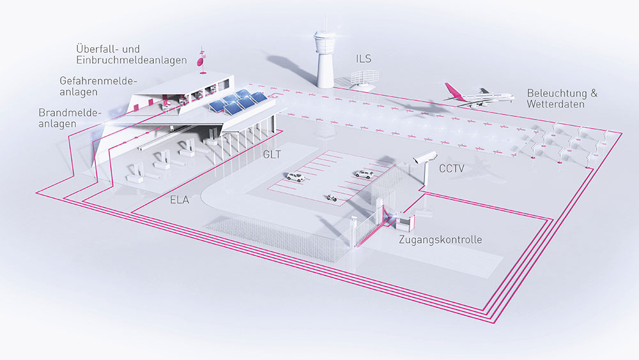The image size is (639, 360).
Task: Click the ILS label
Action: pyautogui.click(x=364, y=59)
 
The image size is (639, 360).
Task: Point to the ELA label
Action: pyautogui.click(x=180, y=200)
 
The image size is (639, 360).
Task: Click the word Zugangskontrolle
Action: pyautogui.click(x=440, y=240)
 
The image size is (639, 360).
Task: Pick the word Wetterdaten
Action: pyautogui.click(x=555, y=104)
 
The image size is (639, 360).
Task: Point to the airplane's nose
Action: pyautogui.click(x=512, y=97)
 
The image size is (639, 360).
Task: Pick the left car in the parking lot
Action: pyautogui.click(x=295, y=177)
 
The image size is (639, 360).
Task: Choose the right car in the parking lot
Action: pyautogui.click(x=362, y=173)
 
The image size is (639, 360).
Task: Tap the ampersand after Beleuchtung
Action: pyautogui.click(x=594, y=93)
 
